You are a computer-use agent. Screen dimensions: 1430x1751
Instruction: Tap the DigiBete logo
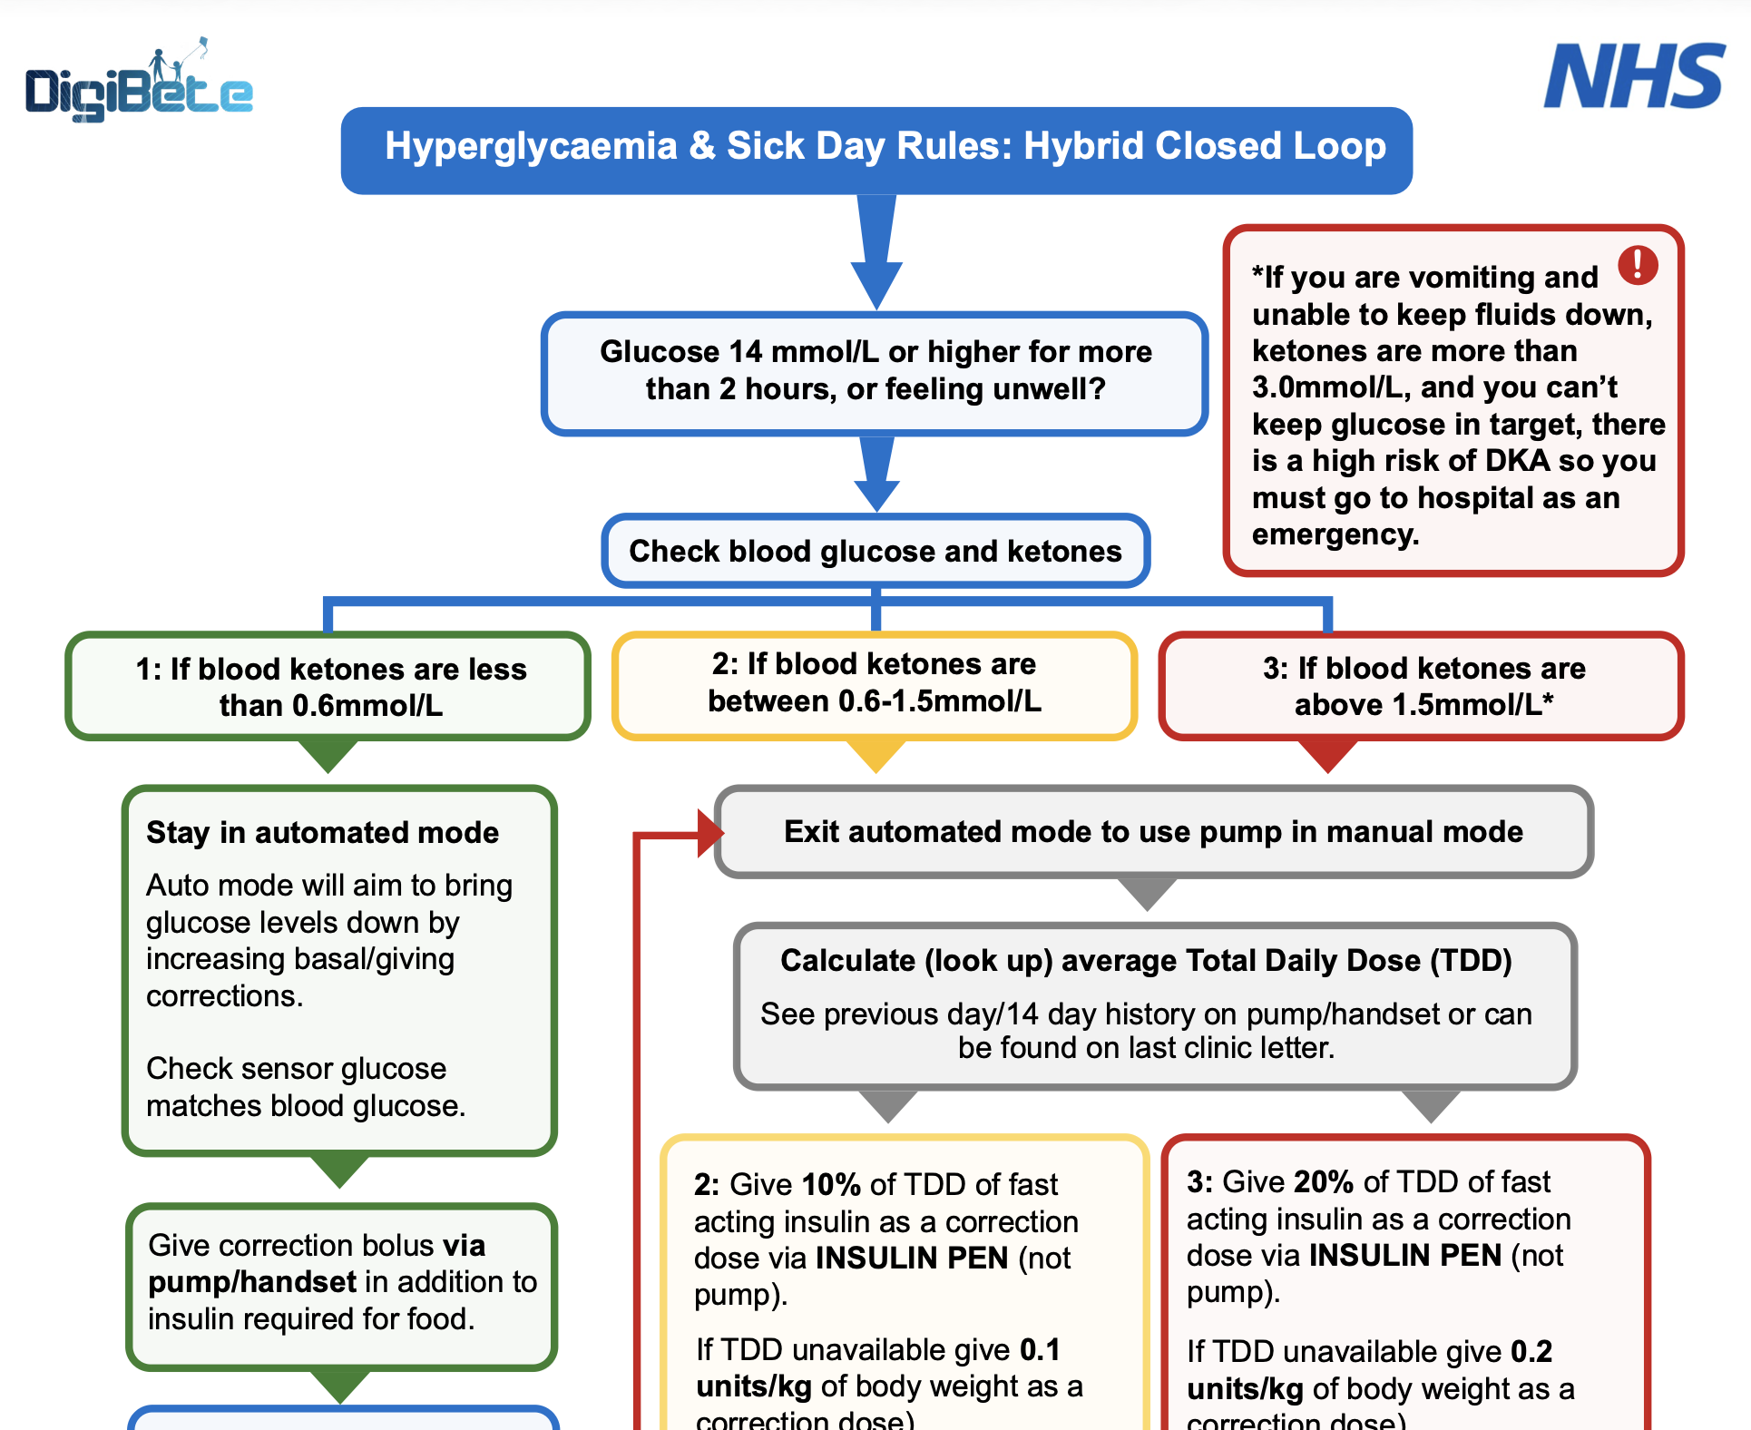[139, 86]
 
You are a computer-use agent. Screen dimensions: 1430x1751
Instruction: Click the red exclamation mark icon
[1638, 265]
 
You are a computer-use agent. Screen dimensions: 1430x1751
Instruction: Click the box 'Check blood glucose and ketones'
[875, 551]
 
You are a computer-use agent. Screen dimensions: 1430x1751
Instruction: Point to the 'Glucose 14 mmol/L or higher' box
[875, 372]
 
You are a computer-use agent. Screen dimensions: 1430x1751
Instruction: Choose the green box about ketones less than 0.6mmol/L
[329, 687]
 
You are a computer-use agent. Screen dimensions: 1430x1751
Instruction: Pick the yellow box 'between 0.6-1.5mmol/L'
[875, 683]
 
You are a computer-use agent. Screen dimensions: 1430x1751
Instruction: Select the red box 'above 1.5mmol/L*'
[1423, 686]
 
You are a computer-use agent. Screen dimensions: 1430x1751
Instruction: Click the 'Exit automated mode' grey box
[1153, 831]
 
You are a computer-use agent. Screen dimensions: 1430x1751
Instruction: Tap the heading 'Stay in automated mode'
[323, 832]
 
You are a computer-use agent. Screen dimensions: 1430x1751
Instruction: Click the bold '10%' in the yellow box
[831, 1184]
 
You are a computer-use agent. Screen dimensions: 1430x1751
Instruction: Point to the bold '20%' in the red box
[1324, 1181]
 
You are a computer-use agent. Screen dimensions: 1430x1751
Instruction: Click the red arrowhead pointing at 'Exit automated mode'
[709, 832]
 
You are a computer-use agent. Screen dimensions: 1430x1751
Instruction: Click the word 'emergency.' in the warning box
[1335, 534]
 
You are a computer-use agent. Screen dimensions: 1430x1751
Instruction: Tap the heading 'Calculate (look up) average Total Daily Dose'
[1146, 960]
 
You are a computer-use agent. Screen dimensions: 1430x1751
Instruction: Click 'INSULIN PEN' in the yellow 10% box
[912, 1258]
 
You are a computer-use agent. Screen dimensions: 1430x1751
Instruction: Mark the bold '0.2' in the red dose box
[1531, 1351]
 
